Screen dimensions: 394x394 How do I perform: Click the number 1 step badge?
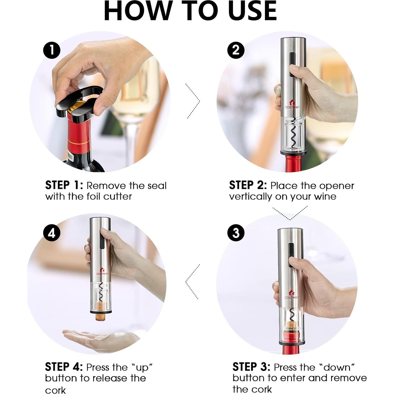pyautogui.click(x=52, y=50)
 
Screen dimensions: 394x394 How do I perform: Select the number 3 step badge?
pyautogui.click(x=236, y=233)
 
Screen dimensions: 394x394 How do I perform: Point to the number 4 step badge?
pyautogui.click(x=52, y=233)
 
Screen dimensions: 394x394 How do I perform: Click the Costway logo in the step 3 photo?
pyautogui.click(x=292, y=294)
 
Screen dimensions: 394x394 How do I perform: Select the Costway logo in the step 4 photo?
pyautogui.click(x=102, y=271)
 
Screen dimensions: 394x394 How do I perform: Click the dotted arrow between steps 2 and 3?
pyautogui.click(x=290, y=213)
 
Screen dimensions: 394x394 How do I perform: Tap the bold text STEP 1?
pyautogui.click(x=64, y=185)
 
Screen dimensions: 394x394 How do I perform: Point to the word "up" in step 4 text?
pyautogui.click(x=142, y=368)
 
